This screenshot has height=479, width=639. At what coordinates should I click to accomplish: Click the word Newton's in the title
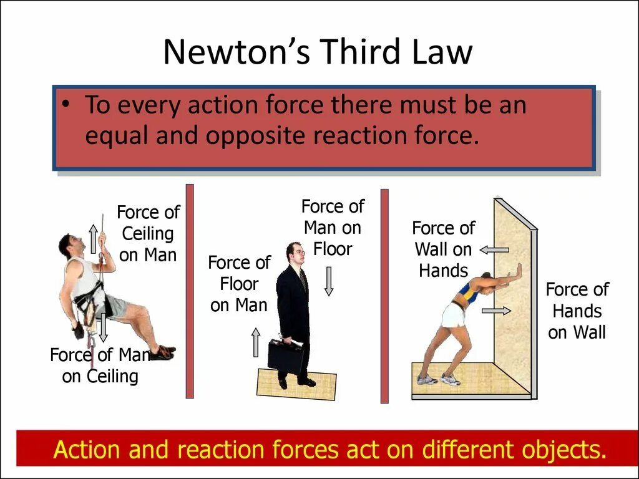(236, 52)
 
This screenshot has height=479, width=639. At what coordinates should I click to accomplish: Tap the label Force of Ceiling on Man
(148, 234)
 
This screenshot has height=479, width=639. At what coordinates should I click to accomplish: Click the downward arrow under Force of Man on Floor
(329, 281)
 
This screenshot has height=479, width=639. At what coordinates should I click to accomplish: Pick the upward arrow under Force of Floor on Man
(255, 342)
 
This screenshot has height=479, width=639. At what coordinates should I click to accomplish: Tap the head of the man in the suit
(294, 253)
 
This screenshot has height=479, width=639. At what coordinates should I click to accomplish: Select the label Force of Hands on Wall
(577, 311)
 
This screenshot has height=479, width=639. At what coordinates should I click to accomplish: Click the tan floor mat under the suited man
(296, 384)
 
